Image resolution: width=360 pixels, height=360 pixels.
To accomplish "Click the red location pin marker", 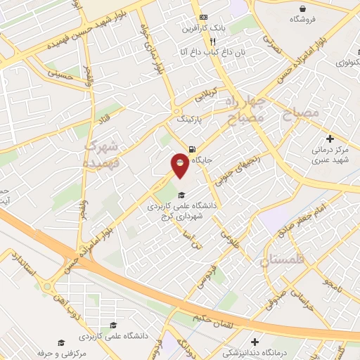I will point(181,167).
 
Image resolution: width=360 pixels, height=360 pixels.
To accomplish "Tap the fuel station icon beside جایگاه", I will point(192,148).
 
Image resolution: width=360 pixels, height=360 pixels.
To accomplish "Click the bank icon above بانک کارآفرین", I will point(203,18).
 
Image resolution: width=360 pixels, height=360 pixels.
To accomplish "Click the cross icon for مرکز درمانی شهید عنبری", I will point(330,140).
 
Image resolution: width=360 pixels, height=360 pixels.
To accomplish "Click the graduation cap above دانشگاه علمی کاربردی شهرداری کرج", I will point(181,195).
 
